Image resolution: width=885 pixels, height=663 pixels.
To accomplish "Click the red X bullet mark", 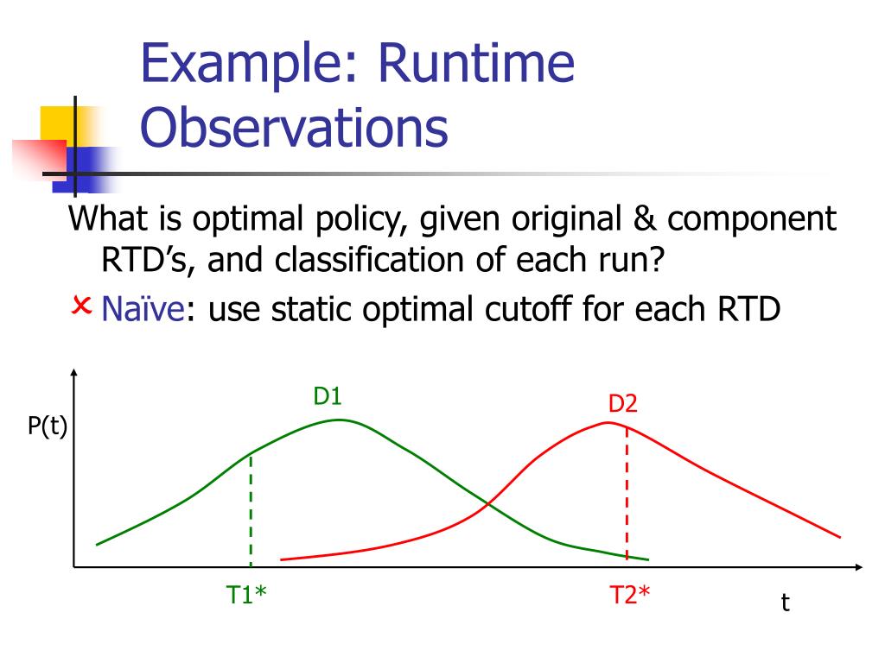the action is coord(81,306).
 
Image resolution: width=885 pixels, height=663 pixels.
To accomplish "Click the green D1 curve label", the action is coord(328,396).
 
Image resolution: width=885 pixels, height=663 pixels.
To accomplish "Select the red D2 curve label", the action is coord(622,404).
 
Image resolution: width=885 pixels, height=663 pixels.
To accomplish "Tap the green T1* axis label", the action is coord(246,595).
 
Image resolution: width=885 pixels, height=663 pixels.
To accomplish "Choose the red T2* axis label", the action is coord(630,595).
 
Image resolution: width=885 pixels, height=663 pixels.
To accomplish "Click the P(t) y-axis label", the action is coord(48,426).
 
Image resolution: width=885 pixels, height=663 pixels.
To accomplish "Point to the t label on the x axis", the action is coord(785,603).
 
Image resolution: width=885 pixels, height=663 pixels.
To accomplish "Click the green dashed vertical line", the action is coord(251,509).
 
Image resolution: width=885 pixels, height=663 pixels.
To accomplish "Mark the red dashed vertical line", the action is coord(627,492).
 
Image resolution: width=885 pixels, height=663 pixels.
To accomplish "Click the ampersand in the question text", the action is coord(645,218).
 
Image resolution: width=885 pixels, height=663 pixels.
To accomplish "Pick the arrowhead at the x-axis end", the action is coord(858,566).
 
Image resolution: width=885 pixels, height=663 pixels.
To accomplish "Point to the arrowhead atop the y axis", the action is coord(74,372).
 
